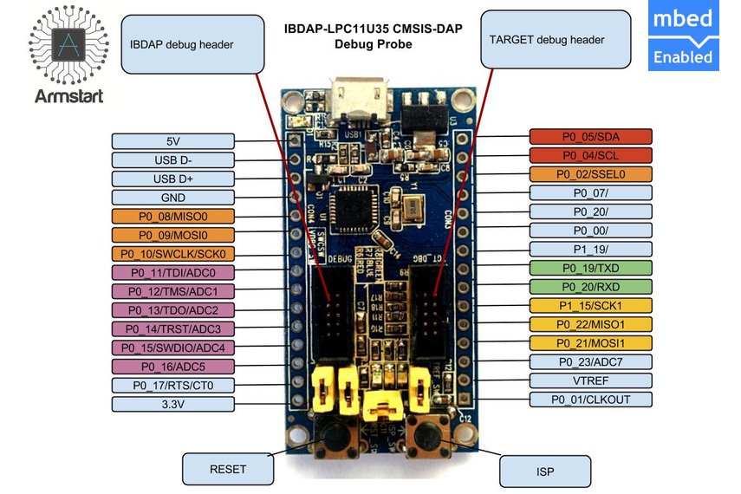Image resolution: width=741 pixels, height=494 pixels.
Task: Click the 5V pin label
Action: [173, 141]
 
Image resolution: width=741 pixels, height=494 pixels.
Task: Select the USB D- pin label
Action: [173, 159]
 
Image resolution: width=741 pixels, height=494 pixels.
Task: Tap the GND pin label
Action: [173, 197]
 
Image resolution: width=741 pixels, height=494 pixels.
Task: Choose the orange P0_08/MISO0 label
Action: [173, 216]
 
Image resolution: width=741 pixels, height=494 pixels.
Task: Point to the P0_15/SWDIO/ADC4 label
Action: [173, 348]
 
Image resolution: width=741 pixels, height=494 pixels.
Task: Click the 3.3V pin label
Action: [173, 404]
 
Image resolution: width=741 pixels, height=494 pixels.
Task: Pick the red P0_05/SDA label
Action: [591, 136]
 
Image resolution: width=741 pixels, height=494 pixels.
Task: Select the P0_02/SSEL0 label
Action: [591, 173]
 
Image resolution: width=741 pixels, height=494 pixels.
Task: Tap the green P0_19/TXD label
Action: [591, 268]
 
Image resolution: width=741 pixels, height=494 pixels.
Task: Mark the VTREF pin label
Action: [591, 380]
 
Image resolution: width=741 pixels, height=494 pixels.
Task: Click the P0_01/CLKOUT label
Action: [591, 400]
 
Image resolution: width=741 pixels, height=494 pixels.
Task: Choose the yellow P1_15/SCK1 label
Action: [591, 305]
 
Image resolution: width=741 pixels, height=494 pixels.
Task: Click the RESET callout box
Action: [228, 469]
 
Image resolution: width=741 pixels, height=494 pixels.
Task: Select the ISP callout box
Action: [546, 471]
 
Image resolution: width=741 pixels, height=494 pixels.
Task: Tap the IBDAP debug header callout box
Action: [192, 43]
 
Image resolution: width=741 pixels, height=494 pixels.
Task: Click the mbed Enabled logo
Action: [682, 39]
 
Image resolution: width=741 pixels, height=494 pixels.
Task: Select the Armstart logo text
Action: [68, 96]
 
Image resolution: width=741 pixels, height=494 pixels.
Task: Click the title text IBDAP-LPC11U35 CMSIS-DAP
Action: [374, 29]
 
